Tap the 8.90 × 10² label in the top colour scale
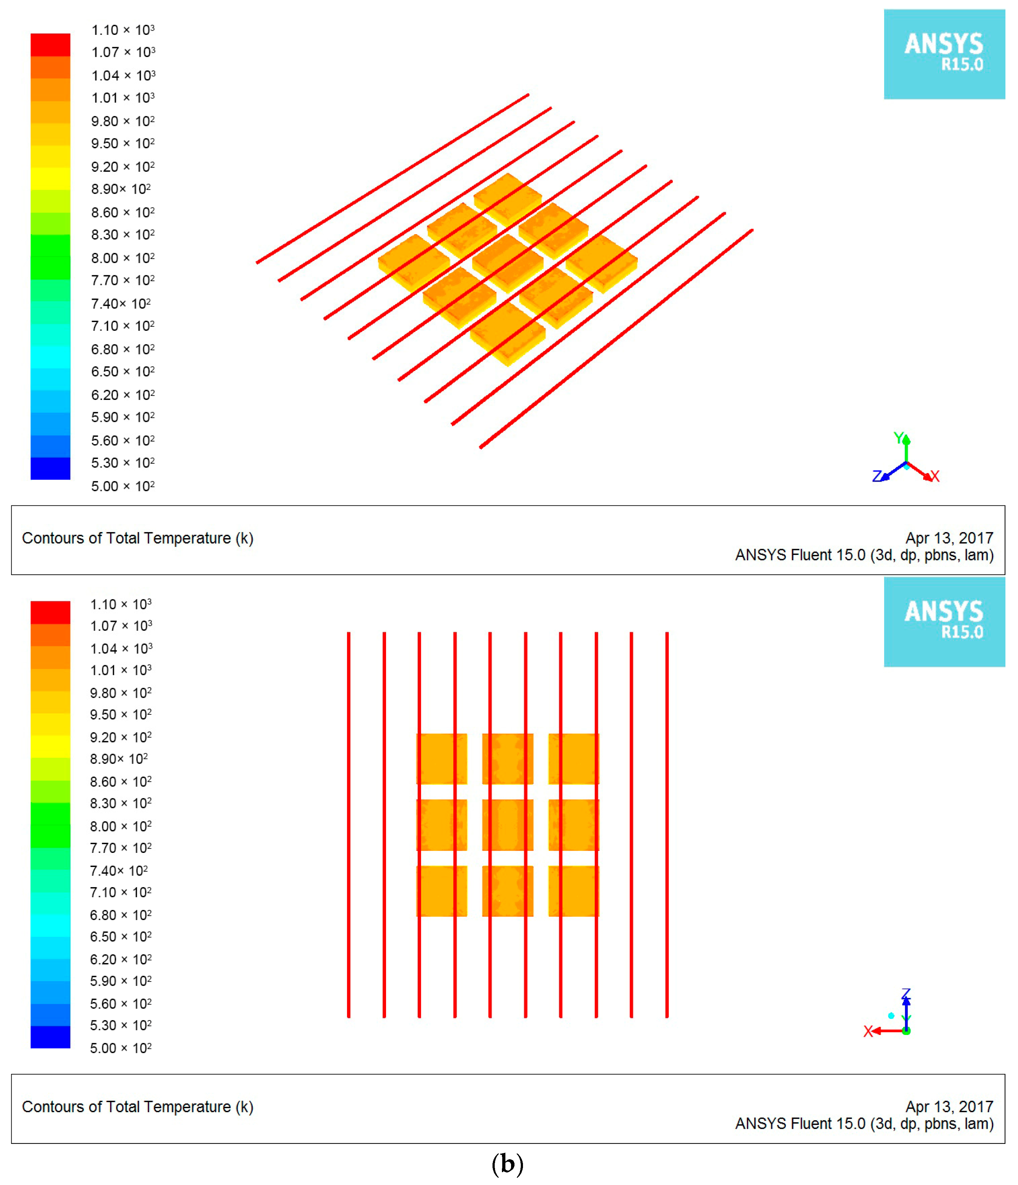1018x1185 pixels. [121, 189]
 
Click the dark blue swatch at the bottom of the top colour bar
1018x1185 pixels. [50, 468]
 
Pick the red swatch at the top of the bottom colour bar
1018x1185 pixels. [50, 612]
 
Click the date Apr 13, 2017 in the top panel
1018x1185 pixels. [949, 538]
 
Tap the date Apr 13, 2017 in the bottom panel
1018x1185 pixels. [949, 1107]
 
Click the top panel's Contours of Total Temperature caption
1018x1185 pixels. [137, 538]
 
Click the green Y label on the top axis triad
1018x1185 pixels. [898, 438]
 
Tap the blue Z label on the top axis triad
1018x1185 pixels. [877, 476]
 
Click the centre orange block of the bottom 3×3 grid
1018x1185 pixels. [508, 825]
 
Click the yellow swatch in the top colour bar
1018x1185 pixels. [50, 178]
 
